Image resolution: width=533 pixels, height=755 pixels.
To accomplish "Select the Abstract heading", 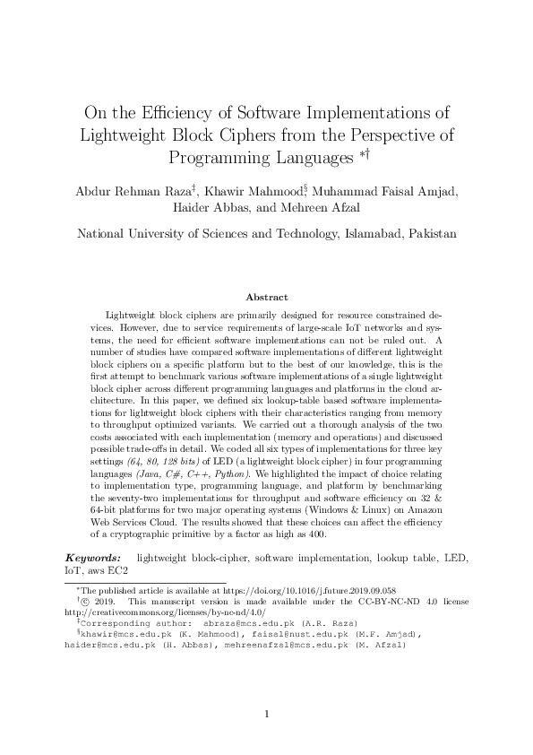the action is [x=266, y=297].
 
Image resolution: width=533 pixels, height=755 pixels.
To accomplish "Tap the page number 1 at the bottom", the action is [x=266, y=714].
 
